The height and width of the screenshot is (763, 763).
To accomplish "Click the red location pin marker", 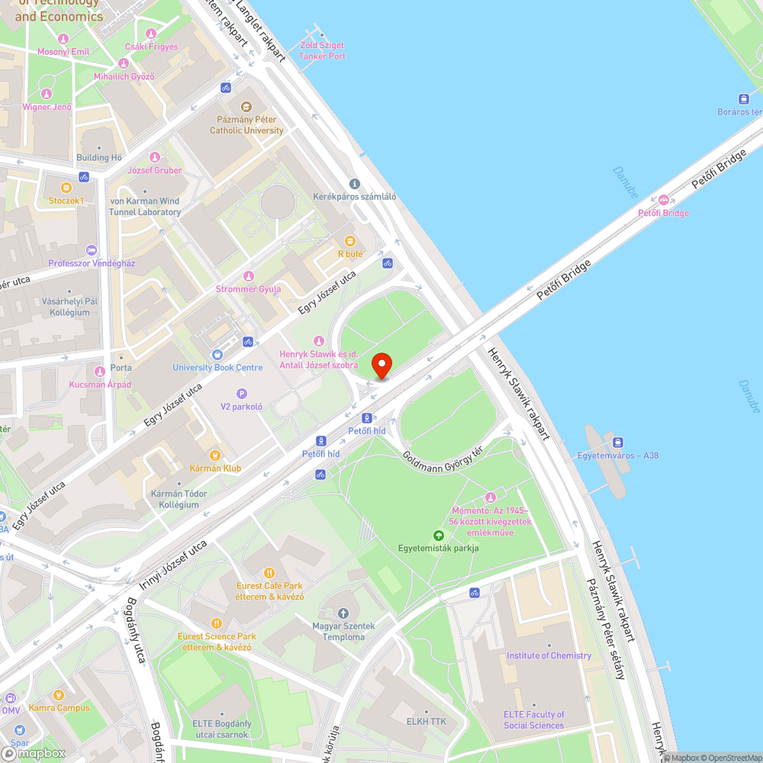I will (381, 365).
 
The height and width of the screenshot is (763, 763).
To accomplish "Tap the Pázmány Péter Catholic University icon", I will (246, 108).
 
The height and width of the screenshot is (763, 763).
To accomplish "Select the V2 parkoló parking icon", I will (242, 394).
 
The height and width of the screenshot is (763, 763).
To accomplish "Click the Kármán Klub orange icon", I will (216, 455).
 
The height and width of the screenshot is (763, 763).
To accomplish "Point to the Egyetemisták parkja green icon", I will (438, 536).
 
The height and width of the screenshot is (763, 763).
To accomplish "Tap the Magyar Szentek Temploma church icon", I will (343, 613).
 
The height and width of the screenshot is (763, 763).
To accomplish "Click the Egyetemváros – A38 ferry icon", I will (618, 443).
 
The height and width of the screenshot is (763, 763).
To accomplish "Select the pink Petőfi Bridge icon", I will (663, 200).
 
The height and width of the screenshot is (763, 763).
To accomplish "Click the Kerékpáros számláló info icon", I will (354, 184).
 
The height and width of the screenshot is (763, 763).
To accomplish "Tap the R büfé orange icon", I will (350, 241).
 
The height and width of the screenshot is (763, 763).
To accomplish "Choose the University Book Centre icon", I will (217, 355).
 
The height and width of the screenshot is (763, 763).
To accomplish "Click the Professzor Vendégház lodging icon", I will (92, 250).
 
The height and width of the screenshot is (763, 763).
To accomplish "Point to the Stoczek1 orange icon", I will (66, 187).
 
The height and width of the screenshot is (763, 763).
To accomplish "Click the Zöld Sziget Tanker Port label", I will (322, 51).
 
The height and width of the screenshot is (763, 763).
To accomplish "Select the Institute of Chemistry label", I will (549, 655).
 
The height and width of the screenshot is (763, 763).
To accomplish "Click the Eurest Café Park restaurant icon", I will (269, 573).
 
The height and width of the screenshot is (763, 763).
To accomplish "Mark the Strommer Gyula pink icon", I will (247, 276).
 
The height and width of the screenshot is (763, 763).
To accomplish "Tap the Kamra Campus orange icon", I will (59, 695).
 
